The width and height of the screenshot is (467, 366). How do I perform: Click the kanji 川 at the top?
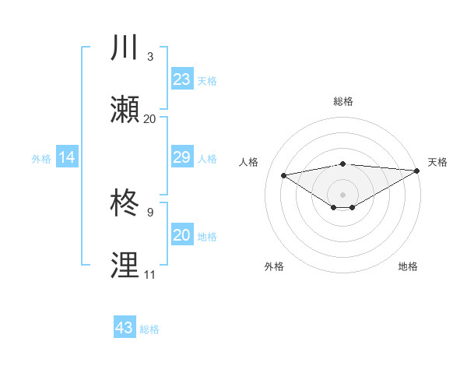(x=125, y=47)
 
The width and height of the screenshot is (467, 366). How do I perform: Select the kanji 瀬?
(x=125, y=110)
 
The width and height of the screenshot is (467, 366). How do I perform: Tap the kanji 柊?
(x=125, y=204)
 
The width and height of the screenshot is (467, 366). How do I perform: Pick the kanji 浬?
(x=125, y=266)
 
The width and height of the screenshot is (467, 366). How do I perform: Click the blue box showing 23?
(x=181, y=79)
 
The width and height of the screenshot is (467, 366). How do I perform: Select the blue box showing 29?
(x=181, y=158)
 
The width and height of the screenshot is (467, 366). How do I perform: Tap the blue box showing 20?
(x=181, y=236)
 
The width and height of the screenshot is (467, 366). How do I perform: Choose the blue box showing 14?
(x=67, y=158)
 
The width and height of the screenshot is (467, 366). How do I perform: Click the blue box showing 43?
(x=125, y=328)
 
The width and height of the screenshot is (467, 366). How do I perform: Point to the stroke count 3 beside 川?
(x=150, y=57)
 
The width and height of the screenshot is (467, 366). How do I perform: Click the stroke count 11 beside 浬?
(x=149, y=275)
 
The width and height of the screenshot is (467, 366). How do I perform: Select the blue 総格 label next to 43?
(x=149, y=329)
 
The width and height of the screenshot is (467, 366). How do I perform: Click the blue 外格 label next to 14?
(x=41, y=159)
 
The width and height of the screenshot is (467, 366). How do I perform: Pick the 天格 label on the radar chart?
(x=437, y=162)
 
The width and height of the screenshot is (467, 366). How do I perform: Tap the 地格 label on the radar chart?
(x=408, y=266)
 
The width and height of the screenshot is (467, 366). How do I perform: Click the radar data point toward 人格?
(x=283, y=174)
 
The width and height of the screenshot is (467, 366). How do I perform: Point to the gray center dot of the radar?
(x=342, y=194)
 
